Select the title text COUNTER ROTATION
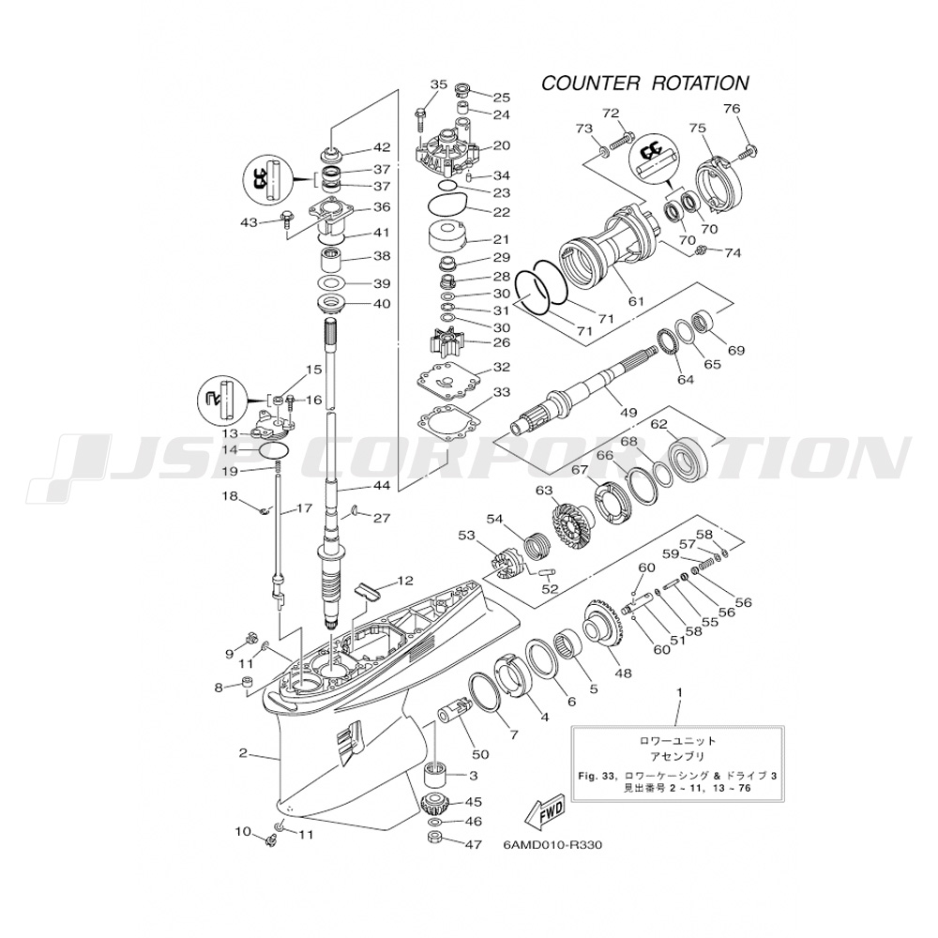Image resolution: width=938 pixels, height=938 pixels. [x=645, y=83]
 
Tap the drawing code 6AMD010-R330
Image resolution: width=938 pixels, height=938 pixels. [x=552, y=845]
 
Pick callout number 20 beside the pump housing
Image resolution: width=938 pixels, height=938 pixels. [x=501, y=146]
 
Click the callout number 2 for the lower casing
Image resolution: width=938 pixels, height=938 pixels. [x=242, y=752]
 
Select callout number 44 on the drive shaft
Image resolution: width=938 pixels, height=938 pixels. [x=380, y=487]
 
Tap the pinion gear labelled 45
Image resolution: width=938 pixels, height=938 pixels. [x=437, y=804]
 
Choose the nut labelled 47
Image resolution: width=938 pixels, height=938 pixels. [x=435, y=838]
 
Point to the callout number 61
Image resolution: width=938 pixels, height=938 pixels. [x=637, y=302]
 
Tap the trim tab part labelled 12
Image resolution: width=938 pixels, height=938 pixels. [x=369, y=591]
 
